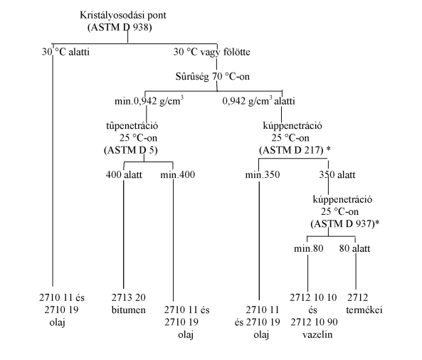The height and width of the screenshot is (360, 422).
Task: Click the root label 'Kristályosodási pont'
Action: coord(123,16)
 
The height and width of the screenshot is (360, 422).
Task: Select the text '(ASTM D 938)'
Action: coord(120,28)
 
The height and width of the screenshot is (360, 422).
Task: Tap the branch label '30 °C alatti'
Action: coord(65,52)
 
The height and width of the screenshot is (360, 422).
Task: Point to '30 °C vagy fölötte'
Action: coord(212,52)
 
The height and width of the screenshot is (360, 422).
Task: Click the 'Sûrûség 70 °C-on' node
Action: coord(213,76)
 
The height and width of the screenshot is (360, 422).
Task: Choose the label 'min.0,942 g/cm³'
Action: coord(149,100)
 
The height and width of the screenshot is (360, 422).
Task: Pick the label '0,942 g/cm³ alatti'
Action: coord(258,100)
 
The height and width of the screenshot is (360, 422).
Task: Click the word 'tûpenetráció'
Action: coord(132,126)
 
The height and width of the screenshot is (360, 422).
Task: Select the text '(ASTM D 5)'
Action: coord(131,150)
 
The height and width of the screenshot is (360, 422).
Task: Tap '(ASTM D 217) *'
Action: coord(295,150)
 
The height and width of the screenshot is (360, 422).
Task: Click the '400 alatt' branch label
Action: coord(124,175)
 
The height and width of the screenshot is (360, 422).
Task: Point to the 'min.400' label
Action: coord(178,175)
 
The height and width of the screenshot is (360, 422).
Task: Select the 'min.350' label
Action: coord(263,175)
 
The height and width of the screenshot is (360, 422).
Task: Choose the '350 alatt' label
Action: coord(337,175)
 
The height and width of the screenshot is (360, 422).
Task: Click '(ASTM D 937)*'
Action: coord(345,224)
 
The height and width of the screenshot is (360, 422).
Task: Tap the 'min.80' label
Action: coord(308,248)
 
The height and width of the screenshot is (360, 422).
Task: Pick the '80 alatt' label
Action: coord(354,248)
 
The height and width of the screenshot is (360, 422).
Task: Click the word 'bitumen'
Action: coord(129,310)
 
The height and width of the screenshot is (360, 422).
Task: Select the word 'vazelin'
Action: coord(317,334)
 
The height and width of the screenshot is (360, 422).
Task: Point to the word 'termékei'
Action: coord(364,310)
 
